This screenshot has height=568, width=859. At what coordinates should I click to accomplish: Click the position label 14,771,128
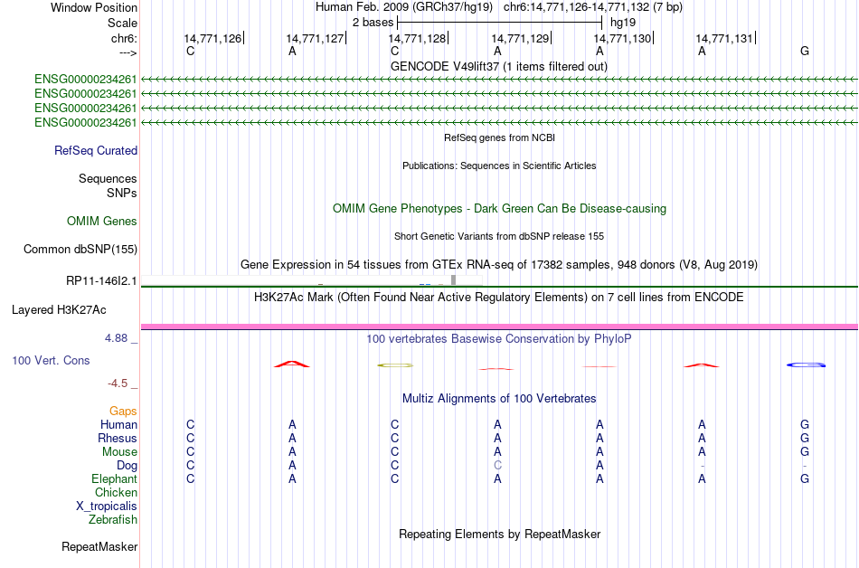[x=417, y=38]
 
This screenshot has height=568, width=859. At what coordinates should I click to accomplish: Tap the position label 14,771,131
[x=724, y=38]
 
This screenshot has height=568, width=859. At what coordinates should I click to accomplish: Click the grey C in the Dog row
[x=497, y=465]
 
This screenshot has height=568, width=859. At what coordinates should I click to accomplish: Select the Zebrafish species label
[x=113, y=519]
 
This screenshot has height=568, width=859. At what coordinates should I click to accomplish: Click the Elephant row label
[x=114, y=478]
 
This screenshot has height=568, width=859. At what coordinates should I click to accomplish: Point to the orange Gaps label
[x=123, y=411]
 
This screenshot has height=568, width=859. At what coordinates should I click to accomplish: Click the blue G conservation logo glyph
[x=806, y=364]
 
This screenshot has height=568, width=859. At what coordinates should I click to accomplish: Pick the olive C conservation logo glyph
[x=395, y=365]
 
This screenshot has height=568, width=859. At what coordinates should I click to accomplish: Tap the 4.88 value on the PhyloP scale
[x=116, y=338]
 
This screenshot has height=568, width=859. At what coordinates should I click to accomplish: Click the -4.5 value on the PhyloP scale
[x=118, y=383]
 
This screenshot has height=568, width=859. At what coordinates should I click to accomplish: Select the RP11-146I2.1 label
[x=101, y=281]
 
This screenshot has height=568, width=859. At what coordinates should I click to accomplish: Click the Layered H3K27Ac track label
[x=59, y=309]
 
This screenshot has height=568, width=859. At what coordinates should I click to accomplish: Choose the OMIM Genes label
[x=102, y=221]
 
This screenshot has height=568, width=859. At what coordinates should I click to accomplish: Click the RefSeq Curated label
[x=96, y=150]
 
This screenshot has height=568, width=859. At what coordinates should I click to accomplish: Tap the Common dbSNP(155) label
[x=80, y=250]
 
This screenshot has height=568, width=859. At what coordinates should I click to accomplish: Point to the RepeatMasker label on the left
[x=99, y=546]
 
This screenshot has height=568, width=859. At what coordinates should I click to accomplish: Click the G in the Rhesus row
[x=805, y=438]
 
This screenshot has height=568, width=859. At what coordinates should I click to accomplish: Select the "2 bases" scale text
[x=373, y=23]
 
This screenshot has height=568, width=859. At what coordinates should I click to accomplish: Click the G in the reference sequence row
[x=805, y=51]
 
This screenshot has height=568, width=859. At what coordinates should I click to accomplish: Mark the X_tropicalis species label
[x=107, y=506]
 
